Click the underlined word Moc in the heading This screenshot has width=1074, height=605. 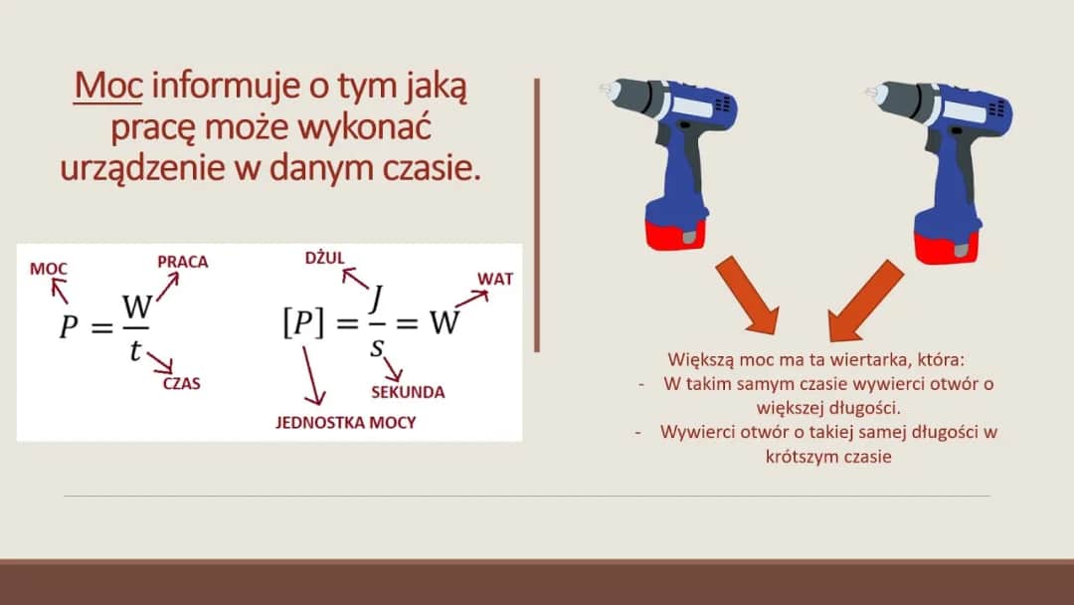coord(108,89)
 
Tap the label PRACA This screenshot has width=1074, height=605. coord(183,262)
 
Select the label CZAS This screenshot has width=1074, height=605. coord(181,382)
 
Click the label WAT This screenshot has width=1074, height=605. coord(495,279)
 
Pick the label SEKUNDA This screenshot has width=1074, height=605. coord(408,392)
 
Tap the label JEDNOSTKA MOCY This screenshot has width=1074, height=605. coord(345,423)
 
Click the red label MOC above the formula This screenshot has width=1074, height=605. coord(49,269)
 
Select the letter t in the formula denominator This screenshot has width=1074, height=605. coord(135,349)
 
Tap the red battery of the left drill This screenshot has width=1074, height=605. coord(675,233)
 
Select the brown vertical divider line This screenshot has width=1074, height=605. coord(537,214)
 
